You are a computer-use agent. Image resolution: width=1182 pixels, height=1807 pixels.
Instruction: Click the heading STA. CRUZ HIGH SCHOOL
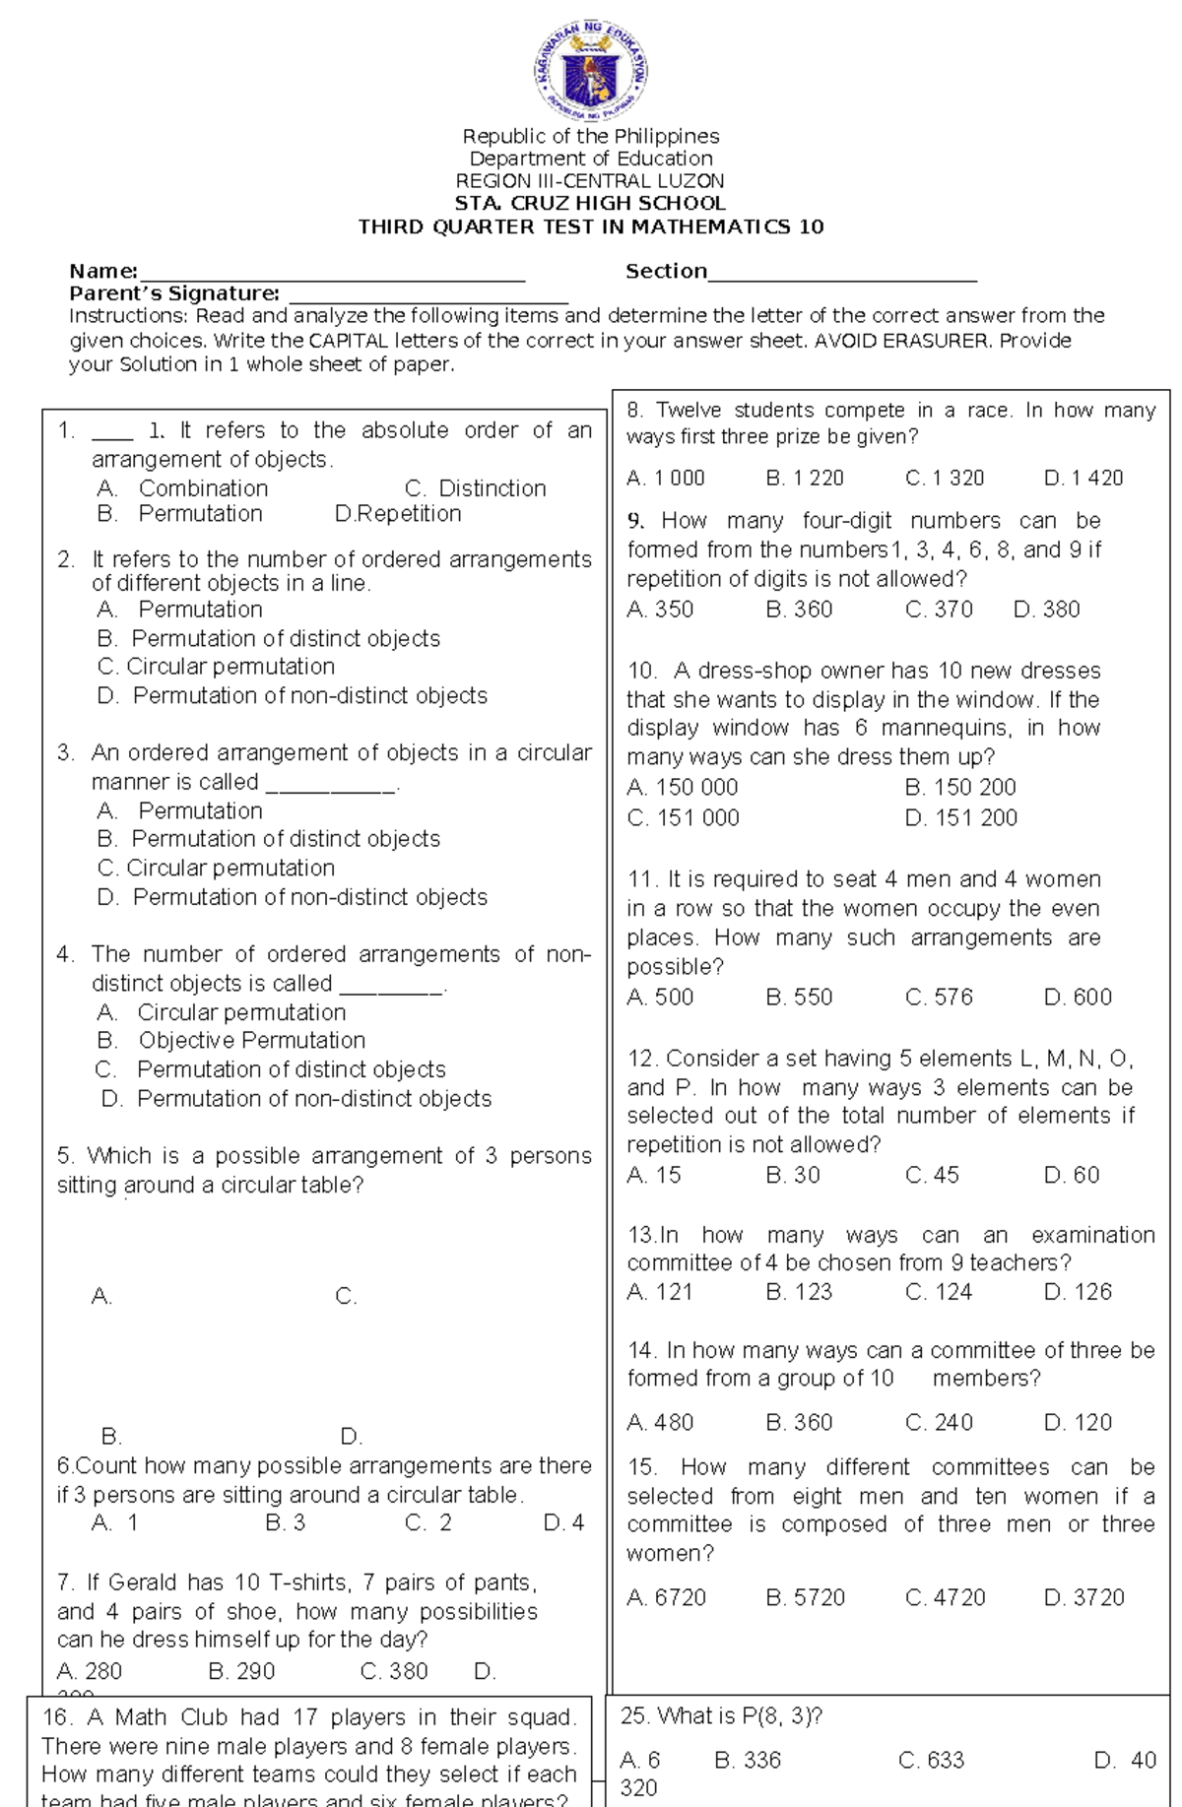click(x=590, y=204)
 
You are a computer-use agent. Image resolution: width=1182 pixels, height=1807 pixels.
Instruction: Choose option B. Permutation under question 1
click(x=180, y=514)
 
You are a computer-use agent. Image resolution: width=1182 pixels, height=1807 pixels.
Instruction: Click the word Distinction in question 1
click(x=492, y=488)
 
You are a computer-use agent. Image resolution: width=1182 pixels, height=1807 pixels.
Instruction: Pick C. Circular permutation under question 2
click(x=217, y=667)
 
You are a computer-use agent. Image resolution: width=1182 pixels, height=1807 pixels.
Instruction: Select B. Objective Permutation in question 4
click(x=231, y=1041)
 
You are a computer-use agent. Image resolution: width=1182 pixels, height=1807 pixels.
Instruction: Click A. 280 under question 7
click(x=90, y=1671)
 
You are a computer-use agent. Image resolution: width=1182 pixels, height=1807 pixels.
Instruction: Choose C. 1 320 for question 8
click(x=945, y=479)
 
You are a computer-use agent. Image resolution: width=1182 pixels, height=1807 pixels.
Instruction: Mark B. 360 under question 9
click(x=799, y=610)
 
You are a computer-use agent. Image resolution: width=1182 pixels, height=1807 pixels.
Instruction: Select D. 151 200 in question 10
click(x=960, y=818)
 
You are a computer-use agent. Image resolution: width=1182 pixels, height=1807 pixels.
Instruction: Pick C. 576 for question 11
click(x=939, y=998)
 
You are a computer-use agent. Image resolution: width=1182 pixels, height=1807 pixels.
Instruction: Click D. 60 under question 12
click(x=1072, y=1175)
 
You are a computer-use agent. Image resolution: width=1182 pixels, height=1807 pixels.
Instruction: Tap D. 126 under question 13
click(x=1078, y=1292)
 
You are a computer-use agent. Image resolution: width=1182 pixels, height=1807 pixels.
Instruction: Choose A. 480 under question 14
click(x=660, y=1423)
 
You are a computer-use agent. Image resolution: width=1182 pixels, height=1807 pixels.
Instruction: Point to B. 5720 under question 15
click(x=805, y=1597)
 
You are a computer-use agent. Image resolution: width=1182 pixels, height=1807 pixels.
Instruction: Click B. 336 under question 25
click(x=748, y=1760)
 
